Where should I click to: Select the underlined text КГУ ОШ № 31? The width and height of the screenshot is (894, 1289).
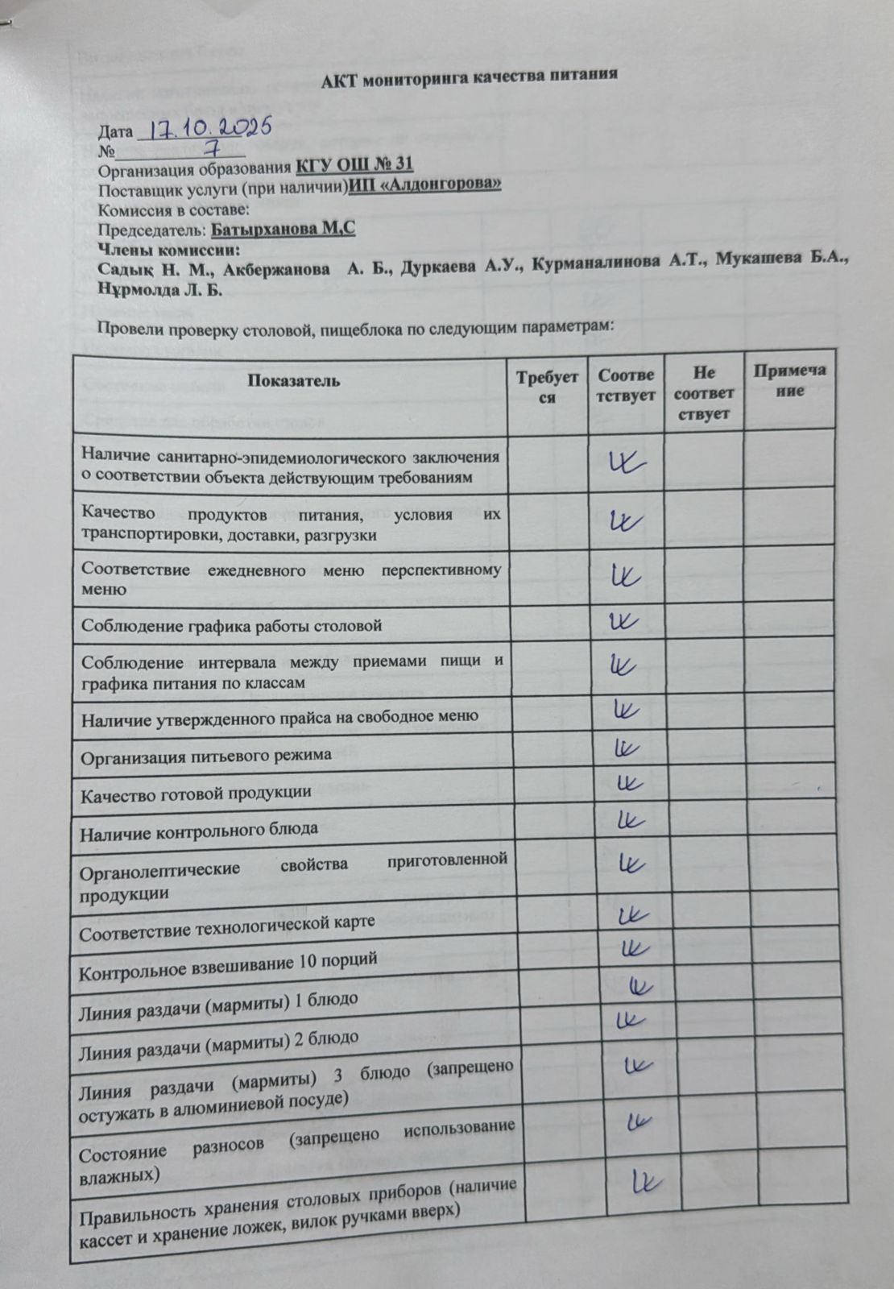click(x=354, y=165)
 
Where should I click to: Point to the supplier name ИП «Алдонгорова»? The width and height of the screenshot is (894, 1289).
click(x=424, y=184)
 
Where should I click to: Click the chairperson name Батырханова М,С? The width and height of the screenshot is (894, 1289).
click(x=283, y=229)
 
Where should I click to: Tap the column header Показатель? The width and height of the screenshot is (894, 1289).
click(x=293, y=380)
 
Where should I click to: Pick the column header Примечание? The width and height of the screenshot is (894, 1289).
click(x=789, y=380)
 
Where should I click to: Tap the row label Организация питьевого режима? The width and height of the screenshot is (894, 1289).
click(x=206, y=756)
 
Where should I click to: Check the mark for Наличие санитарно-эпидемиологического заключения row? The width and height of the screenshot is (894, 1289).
click(x=625, y=462)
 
